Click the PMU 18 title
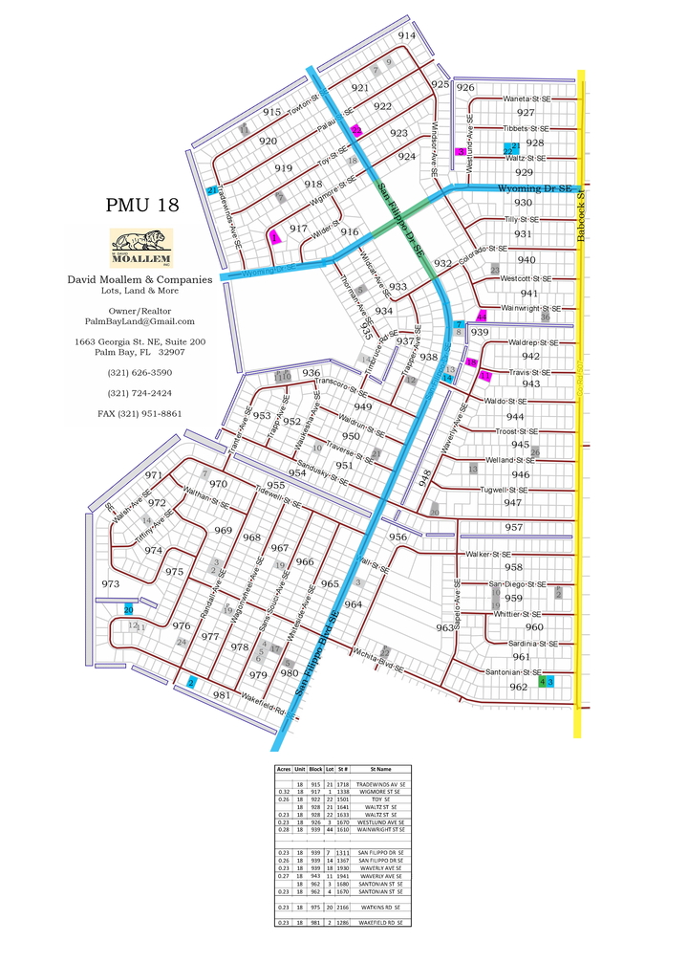(141, 206)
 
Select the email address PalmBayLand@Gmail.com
(140, 321)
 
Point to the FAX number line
(140, 413)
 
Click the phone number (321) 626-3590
(140, 372)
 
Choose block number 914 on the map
(407, 35)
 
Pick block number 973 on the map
(111, 583)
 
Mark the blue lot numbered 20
(128, 609)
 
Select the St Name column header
(380, 768)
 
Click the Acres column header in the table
(283, 768)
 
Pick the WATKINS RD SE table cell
(380, 907)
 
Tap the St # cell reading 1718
(343, 784)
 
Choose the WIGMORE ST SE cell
(380, 792)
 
